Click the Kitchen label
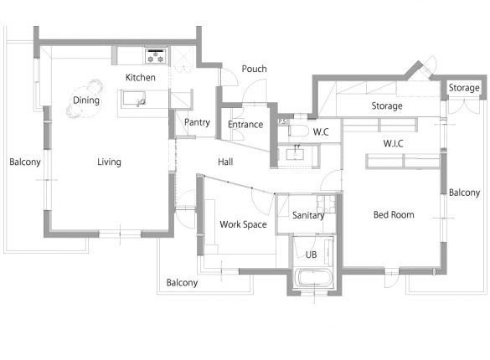tap(141, 77)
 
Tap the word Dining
tap(86, 100)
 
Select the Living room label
tap(109, 162)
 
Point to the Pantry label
tap(197, 122)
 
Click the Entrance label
tap(245, 124)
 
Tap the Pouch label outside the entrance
tap(255, 69)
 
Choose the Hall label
tap(225, 162)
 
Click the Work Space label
tap(243, 224)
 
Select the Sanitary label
tap(308, 215)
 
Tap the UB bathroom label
tap(311, 255)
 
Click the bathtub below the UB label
tap(313, 277)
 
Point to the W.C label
tap(321, 131)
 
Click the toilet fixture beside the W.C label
tap(298, 131)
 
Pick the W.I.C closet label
tap(393, 144)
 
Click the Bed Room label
tap(394, 215)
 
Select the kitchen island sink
tap(134, 99)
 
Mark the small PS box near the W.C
tap(282, 121)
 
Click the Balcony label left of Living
tap(25, 162)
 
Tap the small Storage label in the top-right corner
tap(464, 88)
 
